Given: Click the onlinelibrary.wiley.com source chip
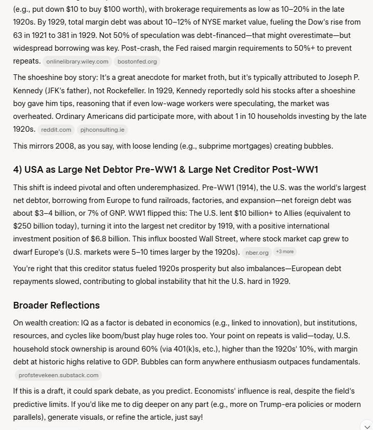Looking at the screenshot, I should click(x=77, y=62).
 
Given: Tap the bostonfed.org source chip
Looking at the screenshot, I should click(x=137, y=62).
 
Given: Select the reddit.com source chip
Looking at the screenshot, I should click(x=56, y=130).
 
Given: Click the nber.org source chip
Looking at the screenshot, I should click(x=257, y=252).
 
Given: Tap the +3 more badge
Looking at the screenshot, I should click(x=284, y=252).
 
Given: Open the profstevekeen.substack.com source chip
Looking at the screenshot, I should click(x=58, y=375).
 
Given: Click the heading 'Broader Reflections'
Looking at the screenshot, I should click(x=56, y=305).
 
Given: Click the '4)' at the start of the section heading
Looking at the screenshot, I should click(x=19, y=170).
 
